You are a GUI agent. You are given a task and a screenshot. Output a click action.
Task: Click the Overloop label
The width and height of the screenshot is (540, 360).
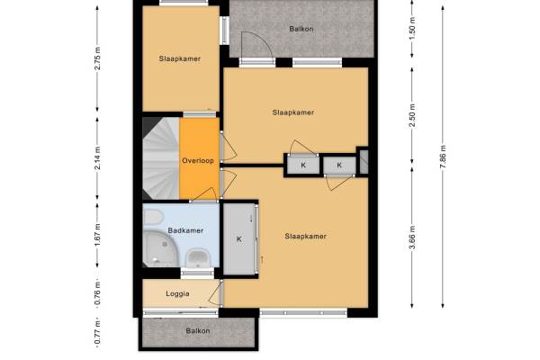point(198,160)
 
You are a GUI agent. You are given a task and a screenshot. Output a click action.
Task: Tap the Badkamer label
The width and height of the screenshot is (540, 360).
point(185,230)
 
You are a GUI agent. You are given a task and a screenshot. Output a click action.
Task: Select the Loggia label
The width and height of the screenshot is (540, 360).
point(177,294)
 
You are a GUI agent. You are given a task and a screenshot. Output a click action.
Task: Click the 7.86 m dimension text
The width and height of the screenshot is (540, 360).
point(443,157)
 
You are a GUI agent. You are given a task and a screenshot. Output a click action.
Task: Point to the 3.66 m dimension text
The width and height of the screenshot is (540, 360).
point(412,238)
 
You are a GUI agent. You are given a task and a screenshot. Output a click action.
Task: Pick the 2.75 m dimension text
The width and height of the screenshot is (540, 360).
point(97,58)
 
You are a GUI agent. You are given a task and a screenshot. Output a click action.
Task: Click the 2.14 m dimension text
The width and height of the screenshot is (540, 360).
point(97,158)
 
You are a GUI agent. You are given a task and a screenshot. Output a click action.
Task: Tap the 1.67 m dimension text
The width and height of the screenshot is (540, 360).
point(97,235)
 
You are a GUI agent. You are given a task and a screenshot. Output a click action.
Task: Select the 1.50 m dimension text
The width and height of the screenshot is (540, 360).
point(412,27)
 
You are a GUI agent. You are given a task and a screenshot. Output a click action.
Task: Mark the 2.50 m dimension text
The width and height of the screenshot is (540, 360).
point(412,115)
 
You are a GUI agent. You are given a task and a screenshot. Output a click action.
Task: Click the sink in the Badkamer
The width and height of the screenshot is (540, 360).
point(198,258)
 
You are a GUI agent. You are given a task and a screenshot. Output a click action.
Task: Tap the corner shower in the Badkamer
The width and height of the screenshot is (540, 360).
point(159,248)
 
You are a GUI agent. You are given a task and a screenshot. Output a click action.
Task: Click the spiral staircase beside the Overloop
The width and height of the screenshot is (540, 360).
point(161,158)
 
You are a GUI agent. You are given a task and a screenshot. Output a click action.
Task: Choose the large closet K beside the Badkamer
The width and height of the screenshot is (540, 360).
point(239,238)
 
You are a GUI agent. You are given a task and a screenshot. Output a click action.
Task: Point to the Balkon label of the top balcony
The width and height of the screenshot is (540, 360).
point(301,29)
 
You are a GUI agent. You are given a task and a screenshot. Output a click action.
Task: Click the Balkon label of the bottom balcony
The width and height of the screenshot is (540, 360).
point(198,331)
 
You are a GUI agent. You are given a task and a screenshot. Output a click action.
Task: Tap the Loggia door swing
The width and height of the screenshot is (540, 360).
point(214,293)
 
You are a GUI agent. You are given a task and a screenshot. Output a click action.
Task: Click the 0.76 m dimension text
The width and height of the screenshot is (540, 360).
point(97,293)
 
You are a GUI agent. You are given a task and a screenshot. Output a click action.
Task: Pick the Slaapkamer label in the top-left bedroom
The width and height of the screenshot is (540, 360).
point(180,58)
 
